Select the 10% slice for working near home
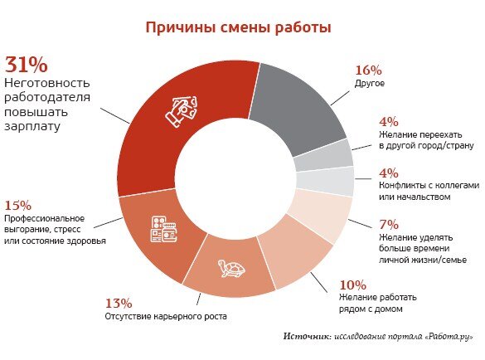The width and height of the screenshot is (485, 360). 291,257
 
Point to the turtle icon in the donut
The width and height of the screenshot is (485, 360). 231,270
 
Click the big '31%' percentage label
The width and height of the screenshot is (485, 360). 27,65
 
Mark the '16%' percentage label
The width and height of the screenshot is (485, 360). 368,71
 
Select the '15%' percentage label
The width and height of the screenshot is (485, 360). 18,205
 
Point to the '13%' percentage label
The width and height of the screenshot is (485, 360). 119,304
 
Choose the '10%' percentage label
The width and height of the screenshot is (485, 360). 353,283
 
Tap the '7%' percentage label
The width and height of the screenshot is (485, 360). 366,224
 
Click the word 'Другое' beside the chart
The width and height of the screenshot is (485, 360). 371,84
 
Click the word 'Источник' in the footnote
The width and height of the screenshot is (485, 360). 305,337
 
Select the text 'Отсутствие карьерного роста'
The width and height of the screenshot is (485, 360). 165,317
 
